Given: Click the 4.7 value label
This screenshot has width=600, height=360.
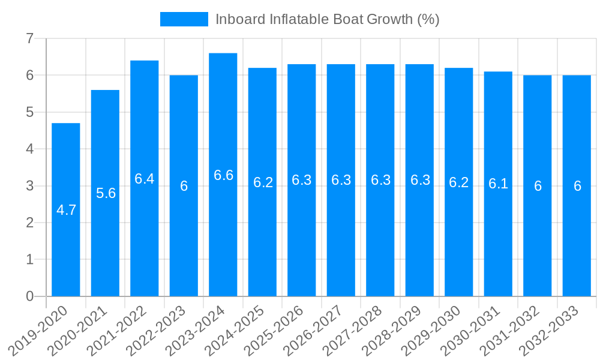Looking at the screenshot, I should coord(66,210).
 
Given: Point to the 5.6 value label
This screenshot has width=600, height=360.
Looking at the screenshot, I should coord(106,193).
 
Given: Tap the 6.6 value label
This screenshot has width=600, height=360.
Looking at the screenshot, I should coord(223,175).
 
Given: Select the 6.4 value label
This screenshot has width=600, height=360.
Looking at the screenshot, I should coord(145,179).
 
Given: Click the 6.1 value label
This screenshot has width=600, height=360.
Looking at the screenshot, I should coord(498,184).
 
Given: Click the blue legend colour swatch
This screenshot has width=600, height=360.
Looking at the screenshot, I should coord(184,19).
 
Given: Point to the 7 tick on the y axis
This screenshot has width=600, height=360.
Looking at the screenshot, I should coord(29,38).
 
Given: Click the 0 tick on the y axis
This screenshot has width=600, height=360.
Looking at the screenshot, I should coord(29,296).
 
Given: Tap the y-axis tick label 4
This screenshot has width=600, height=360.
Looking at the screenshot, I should coord(29,149).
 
